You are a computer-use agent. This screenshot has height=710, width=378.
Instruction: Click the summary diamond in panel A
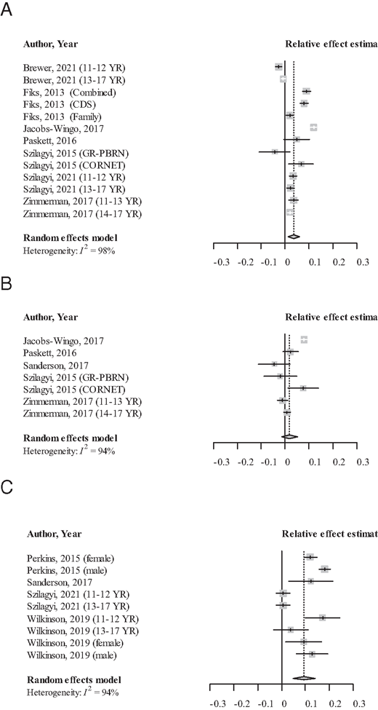coord(294,237)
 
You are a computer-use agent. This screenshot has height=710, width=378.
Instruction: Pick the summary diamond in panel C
coord(304,677)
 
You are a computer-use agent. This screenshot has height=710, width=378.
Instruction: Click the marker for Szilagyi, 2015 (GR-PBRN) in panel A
coord(275,152)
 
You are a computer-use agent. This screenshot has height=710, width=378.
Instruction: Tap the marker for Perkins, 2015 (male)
coord(324,569)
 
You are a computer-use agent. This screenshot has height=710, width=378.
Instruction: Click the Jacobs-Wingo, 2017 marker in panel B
coord(304,340)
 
